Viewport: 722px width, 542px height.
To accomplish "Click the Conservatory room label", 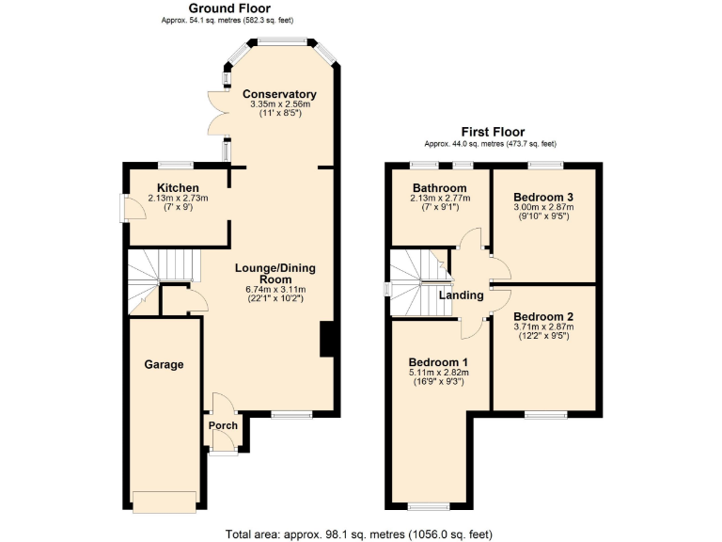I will coord(279,94).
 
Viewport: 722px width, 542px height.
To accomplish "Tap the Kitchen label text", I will coord(178,187).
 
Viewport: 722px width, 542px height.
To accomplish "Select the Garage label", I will coord(164,364).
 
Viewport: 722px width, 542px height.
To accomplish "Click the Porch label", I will coord(223,425).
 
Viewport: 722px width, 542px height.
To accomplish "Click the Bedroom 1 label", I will coord(438,362).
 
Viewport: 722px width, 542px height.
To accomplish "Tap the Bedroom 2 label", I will coord(543,316).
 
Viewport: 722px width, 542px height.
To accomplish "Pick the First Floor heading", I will coord(492,132).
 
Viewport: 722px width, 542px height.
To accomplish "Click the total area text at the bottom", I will coord(358,534).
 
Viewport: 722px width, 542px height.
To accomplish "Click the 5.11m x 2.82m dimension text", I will coord(438,373).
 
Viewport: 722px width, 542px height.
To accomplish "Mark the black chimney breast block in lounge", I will coord(327,340).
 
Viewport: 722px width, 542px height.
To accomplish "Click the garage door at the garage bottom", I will coord(165,502).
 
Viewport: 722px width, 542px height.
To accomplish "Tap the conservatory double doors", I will coord(219,111).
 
